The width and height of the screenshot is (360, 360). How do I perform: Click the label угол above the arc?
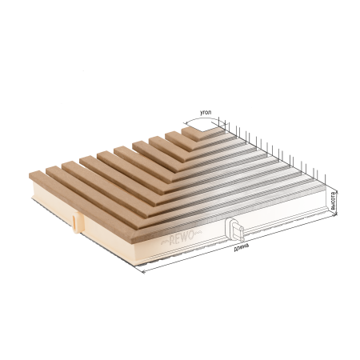click(x=206, y=113)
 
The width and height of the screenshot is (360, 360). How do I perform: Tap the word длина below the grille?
click(x=242, y=247)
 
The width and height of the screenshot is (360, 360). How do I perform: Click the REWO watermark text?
click(x=182, y=238)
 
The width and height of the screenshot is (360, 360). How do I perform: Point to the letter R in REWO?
click(x=172, y=241)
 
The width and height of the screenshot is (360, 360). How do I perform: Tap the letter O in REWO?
click(x=190, y=235)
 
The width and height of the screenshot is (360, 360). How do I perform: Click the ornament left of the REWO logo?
click(x=164, y=242)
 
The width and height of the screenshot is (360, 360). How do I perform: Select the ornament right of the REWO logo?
click(x=198, y=233)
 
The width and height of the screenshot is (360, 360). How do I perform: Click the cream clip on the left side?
click(x=76, y=222)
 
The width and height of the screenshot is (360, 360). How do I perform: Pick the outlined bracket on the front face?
click(x=234, y=230)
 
